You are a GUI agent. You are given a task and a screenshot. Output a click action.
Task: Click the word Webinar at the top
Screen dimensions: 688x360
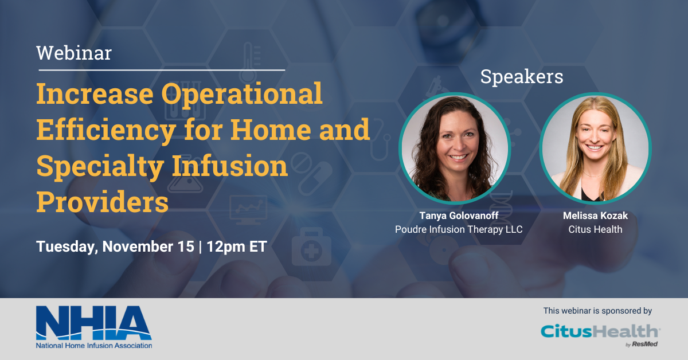click(74, 53)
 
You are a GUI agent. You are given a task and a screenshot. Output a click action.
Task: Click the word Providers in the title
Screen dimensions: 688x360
click(102, 202)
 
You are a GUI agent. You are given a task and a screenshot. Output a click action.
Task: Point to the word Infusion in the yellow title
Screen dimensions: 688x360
click(230, 166)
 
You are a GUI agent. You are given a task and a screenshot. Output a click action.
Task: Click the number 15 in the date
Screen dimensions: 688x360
click(186, 246)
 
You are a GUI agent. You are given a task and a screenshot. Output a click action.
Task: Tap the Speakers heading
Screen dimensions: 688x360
click(522, 76)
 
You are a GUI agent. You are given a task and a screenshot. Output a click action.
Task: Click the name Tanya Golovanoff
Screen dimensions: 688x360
click(459, 216)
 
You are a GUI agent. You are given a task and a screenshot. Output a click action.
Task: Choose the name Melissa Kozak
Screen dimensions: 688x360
click(595, 216)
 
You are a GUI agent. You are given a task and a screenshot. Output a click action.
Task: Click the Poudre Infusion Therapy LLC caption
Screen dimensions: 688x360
click(459, 229)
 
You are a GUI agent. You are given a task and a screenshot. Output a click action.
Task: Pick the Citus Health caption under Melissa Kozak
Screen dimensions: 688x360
click(595, 229)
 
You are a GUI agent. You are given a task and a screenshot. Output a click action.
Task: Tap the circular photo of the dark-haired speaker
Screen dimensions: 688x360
click(455, 148)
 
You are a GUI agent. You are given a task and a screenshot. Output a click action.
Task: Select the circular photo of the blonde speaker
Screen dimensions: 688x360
click(595, 148)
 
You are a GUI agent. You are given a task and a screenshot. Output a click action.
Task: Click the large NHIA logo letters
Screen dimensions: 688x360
click(93, 323)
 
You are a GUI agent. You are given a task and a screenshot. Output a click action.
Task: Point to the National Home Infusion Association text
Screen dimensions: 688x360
click(94, 346)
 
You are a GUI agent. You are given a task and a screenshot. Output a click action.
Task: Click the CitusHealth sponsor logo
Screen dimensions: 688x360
click(600, 331)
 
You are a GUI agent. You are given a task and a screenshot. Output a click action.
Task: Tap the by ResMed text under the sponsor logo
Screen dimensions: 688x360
click(642, 345)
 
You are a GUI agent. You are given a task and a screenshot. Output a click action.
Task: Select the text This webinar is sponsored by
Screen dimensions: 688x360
click(597, 311)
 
